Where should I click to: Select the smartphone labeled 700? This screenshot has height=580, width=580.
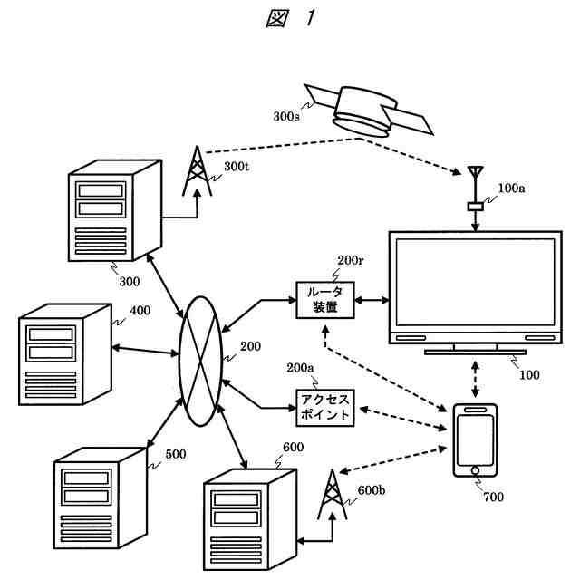point(476,440)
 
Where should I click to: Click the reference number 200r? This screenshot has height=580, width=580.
point(350,261)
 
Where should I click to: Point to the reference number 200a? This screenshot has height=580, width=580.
point(300,368)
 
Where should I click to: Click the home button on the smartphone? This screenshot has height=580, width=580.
point(476,469)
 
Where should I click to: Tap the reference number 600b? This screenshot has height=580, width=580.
point(372,490)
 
